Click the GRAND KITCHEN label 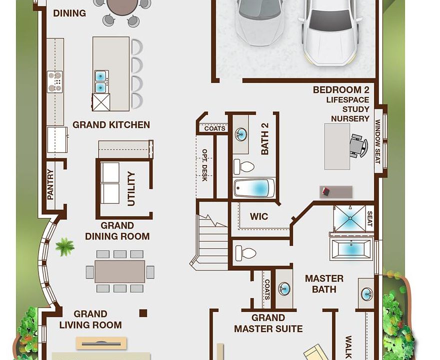[111, 125]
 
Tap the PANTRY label [50, 184]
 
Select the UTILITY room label [131, 188]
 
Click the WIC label [258, 216]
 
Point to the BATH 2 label [265, 139]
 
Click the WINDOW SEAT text [378, 142]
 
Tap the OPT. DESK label [204, 165]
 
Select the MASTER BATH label [324, 283]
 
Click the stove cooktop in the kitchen [54, 81]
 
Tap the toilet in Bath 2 [243, 166]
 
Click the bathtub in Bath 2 [254, 188]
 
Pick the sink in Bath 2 [241, 134]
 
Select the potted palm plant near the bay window [64, 246]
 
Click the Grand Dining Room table [119, 271]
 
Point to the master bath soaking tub [351, 249]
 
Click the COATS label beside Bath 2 [214, 128]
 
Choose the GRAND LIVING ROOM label [90, 319]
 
